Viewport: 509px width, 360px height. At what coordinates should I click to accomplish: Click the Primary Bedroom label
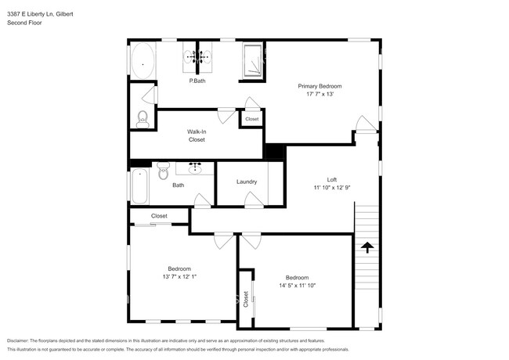click(x=319, y=86)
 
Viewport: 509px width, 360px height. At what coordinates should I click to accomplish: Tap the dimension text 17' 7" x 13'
click(x=319, y=94)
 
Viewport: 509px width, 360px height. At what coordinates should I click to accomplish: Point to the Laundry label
click(x=247, y=182)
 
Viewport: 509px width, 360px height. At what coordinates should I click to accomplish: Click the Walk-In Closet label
click(x=197, y=135)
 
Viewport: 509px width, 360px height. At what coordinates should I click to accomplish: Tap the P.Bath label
click(x=197, y=81)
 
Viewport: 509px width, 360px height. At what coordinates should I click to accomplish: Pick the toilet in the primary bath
click(x=143, y=118)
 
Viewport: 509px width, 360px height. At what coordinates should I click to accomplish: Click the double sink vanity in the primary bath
click(x=197, y=56)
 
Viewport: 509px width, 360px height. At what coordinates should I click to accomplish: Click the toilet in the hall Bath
click(x=163, y=170)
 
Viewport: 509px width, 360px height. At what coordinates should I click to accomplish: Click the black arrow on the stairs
click(x=366, y=248)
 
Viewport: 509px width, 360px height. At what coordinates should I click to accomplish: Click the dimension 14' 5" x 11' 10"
click(x=297, y=286)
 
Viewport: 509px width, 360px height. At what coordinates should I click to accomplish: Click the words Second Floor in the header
click(x=25, y=23)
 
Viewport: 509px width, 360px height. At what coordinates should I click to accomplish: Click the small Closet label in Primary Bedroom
click(x=251, y=119)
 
